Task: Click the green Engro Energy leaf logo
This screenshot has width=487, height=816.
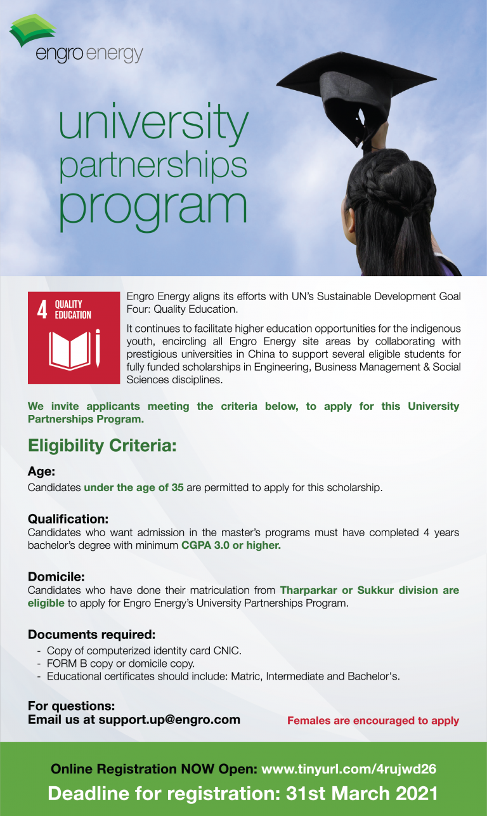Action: (32, 30)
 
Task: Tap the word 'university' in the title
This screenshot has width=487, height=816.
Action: (153, 122)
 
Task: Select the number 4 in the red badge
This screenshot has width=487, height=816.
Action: (42, 310)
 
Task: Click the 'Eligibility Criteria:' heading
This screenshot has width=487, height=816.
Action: (101, 445)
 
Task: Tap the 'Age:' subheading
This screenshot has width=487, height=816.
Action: (42, 471)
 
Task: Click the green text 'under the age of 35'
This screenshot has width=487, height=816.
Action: (134, 488)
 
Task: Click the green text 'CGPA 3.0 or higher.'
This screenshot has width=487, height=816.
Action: (231, 545)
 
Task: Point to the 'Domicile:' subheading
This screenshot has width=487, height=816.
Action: (56, 577)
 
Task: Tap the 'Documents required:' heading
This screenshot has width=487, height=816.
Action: (91, 635)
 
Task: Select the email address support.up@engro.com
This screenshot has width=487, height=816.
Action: (169, 720)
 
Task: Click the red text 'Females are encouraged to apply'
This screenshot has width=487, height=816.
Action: (373, 721)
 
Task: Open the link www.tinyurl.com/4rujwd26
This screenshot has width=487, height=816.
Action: (349, 769)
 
